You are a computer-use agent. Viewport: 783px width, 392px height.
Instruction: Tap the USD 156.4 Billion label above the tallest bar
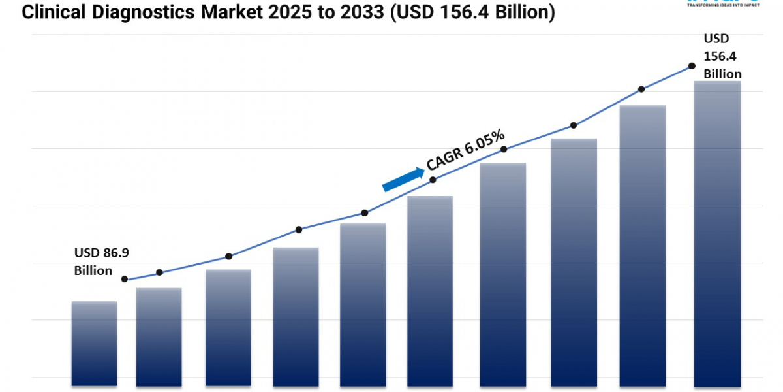coord(722,56)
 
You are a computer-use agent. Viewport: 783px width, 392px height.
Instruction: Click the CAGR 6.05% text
coord(465,150)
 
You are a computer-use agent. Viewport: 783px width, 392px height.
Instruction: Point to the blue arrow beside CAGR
coord(403,179)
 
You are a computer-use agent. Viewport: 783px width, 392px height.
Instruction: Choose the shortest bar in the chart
coord(94,343)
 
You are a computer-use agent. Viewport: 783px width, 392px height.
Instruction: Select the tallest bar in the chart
coord(717,233)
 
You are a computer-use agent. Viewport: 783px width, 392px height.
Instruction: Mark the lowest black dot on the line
coord(125,279)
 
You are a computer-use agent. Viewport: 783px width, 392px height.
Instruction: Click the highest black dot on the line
coord(691,66)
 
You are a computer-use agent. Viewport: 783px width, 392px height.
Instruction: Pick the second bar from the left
coord(159,336)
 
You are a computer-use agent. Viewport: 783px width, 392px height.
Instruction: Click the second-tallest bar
coord(643,245)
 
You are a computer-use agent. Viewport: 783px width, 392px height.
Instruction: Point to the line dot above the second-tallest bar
coord(641,89)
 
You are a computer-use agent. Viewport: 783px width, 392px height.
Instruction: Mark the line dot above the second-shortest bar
coord(159,272)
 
